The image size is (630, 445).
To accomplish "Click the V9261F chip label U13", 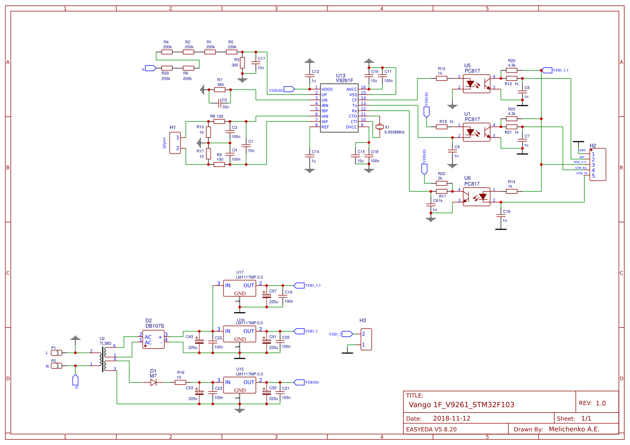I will [x=340, y=76].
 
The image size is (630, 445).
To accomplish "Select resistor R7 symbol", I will [x=220, y=90].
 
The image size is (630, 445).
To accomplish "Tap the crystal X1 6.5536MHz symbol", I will [x=380, y=127].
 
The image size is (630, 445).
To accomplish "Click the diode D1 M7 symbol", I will [x=153, y=382].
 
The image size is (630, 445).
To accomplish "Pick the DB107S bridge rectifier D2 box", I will [x=153, y=339].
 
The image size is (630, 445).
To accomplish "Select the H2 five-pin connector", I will [x=597, y=165].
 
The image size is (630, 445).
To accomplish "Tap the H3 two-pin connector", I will [x=366, y=340].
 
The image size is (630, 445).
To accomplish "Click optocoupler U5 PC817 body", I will [x=477, y=83].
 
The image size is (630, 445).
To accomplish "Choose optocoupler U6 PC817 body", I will [x=477, y=196].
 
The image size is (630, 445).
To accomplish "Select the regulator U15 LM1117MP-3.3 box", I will [x=240, y=386].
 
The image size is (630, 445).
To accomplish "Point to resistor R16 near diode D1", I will [x=180, y=382].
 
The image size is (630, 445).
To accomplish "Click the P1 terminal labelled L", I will [x=56, y=352].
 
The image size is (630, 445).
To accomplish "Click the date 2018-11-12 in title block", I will [x=452, y=419].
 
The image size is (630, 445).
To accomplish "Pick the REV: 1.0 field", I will [x=592, y=403].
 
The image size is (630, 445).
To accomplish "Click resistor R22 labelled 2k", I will [x=441, y=183].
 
